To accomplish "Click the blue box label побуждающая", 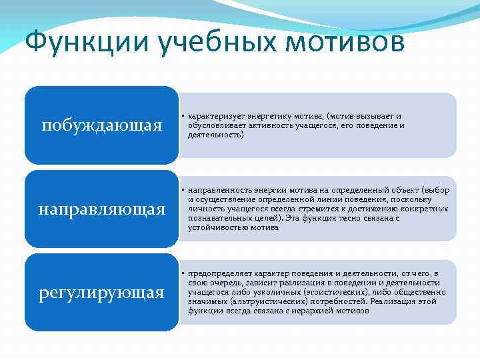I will (102, 125).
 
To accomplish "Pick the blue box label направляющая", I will (102, 209).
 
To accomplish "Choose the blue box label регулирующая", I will (102, 292).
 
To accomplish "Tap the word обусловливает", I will (214, 125).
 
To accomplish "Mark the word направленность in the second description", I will (217, 190).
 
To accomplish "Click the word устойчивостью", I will (218, 227).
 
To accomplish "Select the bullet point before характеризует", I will (183, 116).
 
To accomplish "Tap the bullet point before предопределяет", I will (183, 273).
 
